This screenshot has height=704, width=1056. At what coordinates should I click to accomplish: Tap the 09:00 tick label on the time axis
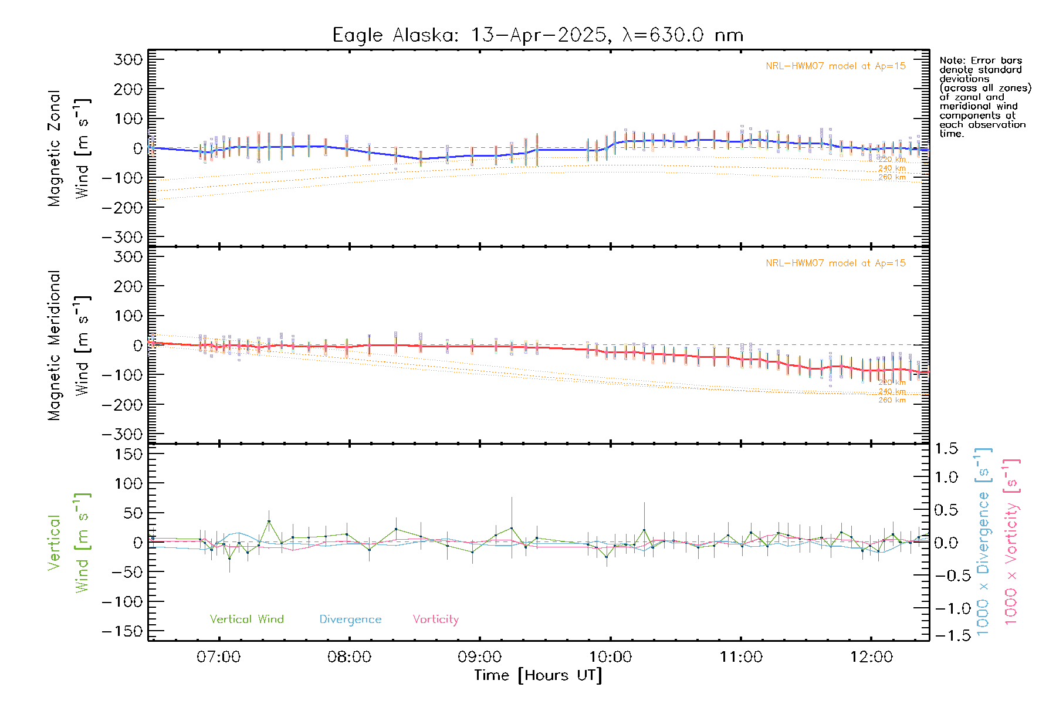479,657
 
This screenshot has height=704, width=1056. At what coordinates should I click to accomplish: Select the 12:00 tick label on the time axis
871,657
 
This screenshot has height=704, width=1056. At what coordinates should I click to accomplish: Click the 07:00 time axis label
219,657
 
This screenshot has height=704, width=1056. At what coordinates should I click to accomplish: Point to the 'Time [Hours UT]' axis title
538,675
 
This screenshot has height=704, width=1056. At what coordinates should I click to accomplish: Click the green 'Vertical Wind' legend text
246,620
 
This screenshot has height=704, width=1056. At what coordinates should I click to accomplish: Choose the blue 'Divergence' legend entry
350,620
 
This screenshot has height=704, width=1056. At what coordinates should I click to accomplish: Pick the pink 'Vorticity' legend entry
435,620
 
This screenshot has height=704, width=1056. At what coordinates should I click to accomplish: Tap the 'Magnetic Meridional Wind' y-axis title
69,346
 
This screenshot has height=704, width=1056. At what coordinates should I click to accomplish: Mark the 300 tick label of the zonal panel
128,60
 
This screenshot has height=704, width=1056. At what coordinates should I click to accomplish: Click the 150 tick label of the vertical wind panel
128,454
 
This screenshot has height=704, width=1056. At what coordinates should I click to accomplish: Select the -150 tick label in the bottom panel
122,631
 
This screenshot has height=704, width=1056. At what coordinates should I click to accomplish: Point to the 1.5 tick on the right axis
946,449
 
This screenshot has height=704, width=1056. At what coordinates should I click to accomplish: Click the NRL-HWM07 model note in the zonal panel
835,66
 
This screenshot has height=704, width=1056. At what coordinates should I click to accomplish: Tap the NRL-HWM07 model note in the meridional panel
835,263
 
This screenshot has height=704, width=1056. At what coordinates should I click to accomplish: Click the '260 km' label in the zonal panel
892,177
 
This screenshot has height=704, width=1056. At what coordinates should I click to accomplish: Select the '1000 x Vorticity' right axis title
1012,541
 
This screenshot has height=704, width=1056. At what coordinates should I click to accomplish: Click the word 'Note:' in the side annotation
952,60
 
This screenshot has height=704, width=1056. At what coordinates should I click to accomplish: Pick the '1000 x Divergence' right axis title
983,541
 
